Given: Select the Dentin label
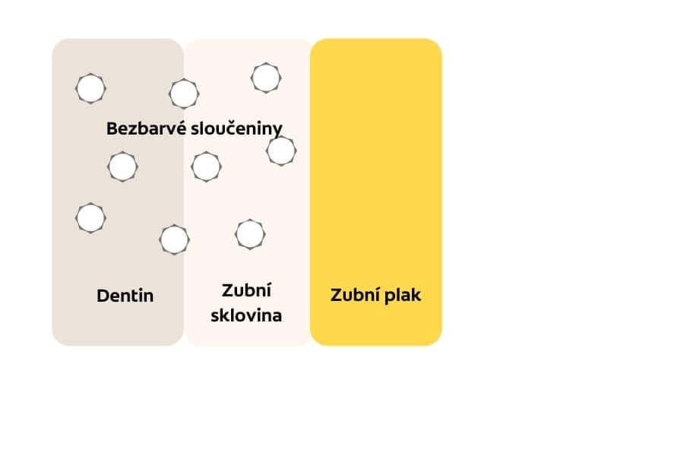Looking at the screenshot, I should click(x=125, y=296).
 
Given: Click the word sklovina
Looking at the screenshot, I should click(x=246, y=315).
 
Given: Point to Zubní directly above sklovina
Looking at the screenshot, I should click(x=246, y=290).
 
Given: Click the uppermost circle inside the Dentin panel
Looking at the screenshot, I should click(x=90, y=88).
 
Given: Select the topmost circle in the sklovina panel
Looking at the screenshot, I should click(x=265, y=78).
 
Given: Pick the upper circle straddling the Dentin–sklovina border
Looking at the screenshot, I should click(x=184, y=94).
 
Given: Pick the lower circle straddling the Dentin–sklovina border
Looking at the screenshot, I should click(x=174, y=239).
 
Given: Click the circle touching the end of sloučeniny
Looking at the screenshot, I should click(x=281, y=150).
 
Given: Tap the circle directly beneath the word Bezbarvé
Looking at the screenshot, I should click(x=122, y=166).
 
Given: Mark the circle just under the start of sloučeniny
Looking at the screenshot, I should click(x=206, y=166).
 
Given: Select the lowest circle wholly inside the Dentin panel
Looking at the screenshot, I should click(x=90, y=217).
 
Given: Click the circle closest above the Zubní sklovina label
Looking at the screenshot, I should click(x=250, y=233).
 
